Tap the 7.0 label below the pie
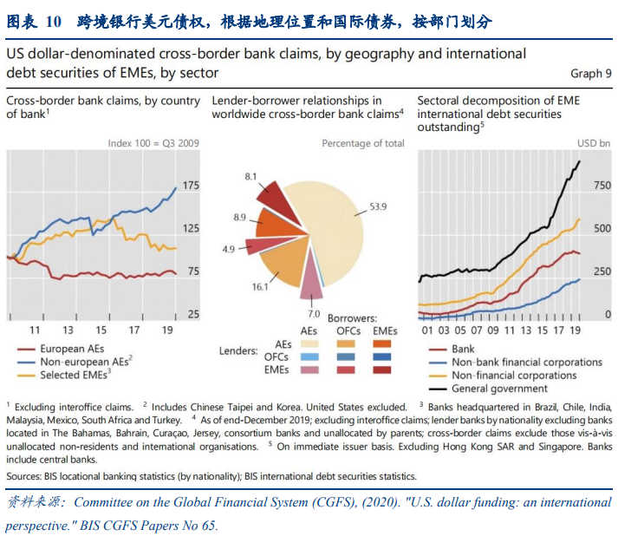314,313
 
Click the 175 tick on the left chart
191,186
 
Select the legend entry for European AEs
74,350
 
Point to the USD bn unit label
593,143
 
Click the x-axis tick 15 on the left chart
101,330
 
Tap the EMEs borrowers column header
386,331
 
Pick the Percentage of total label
362,143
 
